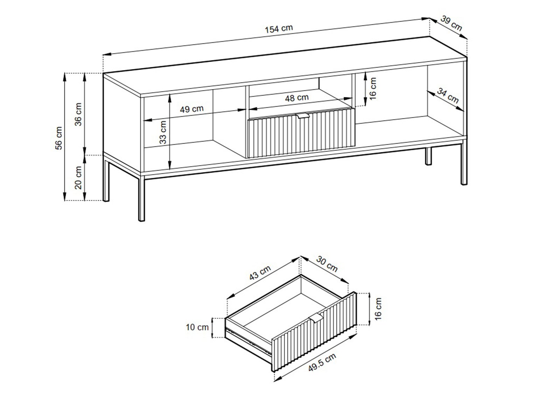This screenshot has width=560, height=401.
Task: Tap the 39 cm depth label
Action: tap(451, 23)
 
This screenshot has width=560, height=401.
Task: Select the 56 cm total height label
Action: tap(59, 138)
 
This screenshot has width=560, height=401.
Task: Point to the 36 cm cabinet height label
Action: tap(78, 114)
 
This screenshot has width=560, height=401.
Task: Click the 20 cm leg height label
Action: tap(78, 178)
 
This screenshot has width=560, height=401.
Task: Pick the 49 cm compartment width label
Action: tap(192, 109)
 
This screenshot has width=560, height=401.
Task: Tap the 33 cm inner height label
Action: tap(163, 133)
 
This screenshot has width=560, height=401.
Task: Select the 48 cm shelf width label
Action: tap(297, 98)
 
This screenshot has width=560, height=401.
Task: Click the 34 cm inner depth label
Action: tap(448, 96)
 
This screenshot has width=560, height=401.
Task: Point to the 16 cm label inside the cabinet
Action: tap(372, 89)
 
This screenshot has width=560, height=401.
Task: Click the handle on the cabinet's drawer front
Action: tap(303, 116)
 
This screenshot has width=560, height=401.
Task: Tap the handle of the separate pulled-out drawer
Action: tap(316, 318)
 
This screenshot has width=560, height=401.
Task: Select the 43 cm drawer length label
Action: tap(260, 272)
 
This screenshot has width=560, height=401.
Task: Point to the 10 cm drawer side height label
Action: tap(197, 327)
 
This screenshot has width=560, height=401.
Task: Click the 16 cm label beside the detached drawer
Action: tap(378, 309)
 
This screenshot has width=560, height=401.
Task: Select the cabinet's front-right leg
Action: tap(464, 163)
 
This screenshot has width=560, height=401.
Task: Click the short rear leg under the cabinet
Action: tap(428, 156)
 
